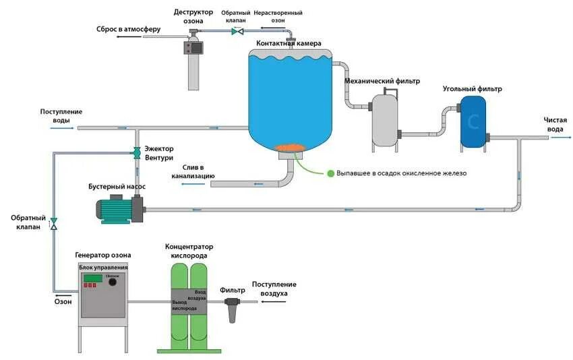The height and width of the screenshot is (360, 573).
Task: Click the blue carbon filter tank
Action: tap(473, 122)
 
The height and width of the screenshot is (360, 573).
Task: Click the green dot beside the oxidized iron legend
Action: tap(331, 173)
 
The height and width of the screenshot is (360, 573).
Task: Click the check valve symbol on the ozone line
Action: tap(54, 222)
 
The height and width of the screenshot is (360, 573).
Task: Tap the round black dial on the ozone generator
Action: tap(113, 282)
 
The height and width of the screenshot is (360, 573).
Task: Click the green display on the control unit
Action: tap(93, 278)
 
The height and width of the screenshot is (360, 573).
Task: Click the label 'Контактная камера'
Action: tap(293, 44)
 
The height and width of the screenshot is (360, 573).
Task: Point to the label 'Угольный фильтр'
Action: tap(472, 89)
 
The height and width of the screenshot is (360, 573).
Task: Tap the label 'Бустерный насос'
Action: tap(117, 186)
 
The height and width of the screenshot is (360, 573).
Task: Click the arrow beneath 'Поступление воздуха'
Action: tap(272, 302)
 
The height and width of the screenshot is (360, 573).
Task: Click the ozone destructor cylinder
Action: tap(193, 66)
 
